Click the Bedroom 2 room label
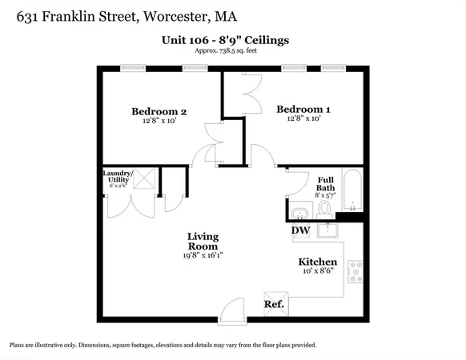click(159, 111)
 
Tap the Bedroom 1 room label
click(303, 109)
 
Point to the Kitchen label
click(317, 262)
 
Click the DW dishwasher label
click(300, 230)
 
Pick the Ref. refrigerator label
click(273, 304)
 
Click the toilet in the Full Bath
click(325, 210)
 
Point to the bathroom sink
click(299, 213)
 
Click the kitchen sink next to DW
click(327, 230)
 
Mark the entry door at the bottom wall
click(231, 310)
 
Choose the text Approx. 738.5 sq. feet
click(233, 50)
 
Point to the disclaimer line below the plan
click(163, 345)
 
